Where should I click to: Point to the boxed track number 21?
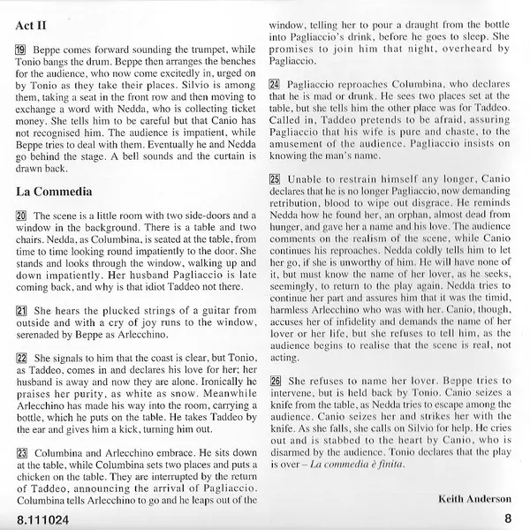point(22,311)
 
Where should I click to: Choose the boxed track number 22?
point(22,359)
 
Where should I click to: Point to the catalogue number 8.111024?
point(45,519)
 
